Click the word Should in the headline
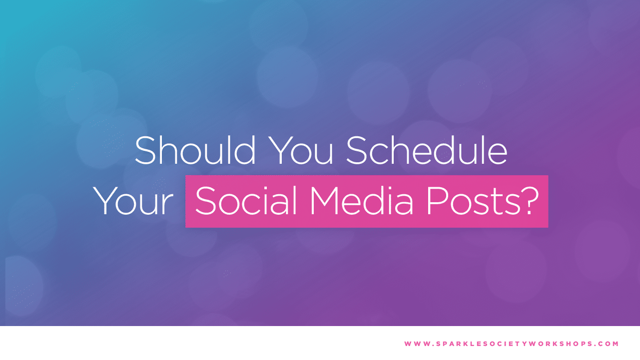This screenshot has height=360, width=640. click(195, 150)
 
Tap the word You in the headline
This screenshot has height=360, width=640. click(301, 150)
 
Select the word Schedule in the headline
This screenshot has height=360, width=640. click(427, 150)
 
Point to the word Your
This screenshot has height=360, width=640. click(133, 201)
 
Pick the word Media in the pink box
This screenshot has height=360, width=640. click(362, 200)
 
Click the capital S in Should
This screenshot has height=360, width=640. click(145, 150)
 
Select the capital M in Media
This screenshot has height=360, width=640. click(324, 201)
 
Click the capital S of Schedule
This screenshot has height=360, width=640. click(357, 150)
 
